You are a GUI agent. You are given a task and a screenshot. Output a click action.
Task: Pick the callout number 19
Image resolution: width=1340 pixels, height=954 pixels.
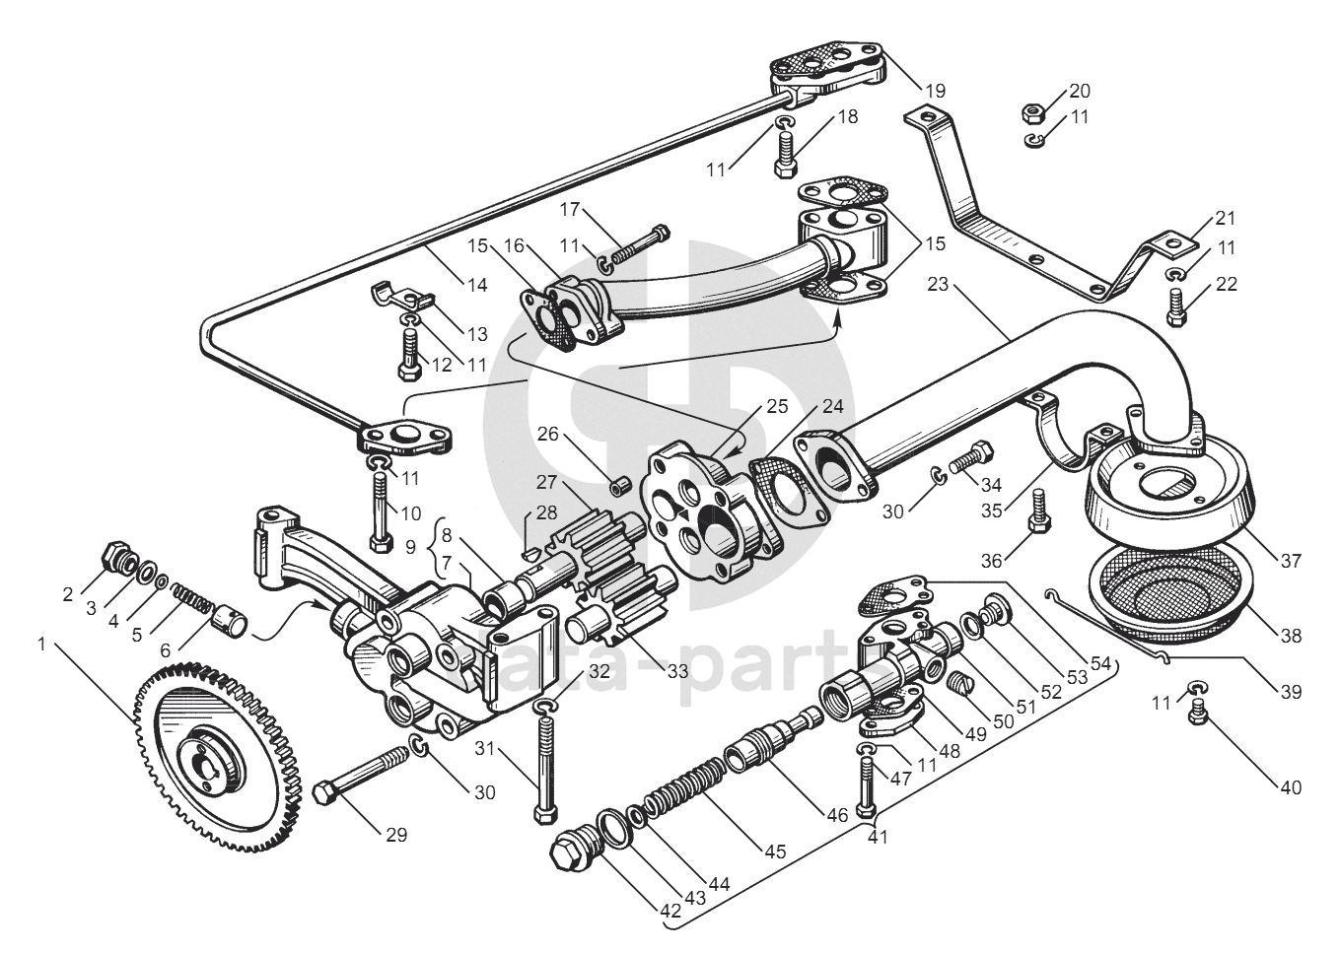coord(935,91)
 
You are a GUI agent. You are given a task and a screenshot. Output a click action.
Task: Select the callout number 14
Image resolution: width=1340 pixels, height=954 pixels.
coord(477,286)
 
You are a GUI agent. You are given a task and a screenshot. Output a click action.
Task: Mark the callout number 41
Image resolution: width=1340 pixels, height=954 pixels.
coord(877,838)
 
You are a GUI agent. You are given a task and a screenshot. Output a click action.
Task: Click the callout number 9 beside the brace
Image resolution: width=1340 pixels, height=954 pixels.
coord(411,548)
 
